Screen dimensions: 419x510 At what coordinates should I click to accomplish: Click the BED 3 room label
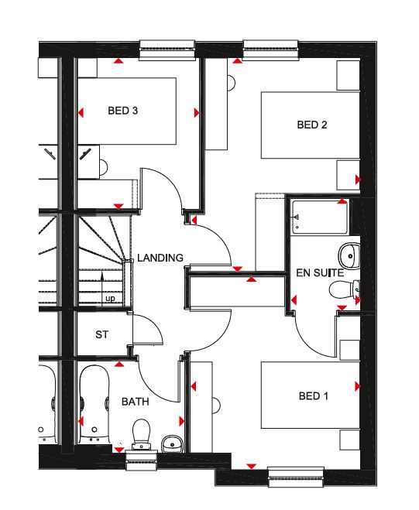pos(122,111)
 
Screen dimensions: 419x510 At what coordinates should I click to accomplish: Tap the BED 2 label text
pos(312,125)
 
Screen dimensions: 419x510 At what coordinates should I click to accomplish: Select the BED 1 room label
pos(313,396)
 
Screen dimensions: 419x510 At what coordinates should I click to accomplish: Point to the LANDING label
pos(160,258)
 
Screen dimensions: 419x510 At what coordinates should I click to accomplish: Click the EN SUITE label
pos(320,272)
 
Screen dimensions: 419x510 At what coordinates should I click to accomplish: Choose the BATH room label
pos(135,402)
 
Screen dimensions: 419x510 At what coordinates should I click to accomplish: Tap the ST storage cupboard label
pos(101,334)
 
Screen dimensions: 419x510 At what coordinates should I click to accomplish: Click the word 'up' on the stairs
pos(110,298)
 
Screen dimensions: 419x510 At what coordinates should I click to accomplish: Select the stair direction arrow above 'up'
pos(102,289)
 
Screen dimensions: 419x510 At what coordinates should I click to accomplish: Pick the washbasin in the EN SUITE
pos(349,256)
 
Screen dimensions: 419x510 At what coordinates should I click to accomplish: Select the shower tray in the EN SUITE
pos(320,217)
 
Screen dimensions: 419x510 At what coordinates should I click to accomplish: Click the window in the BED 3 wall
pos(167,50)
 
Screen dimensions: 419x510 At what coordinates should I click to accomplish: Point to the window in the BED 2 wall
pos(270,50)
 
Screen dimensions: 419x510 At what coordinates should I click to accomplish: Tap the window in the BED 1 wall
pos(296,477)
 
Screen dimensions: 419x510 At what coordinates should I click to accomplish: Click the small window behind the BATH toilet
pos(142,461)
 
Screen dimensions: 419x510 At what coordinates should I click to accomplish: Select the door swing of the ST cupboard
pos(148,328)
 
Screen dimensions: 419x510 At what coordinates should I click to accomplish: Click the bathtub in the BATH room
pos(94,404)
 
